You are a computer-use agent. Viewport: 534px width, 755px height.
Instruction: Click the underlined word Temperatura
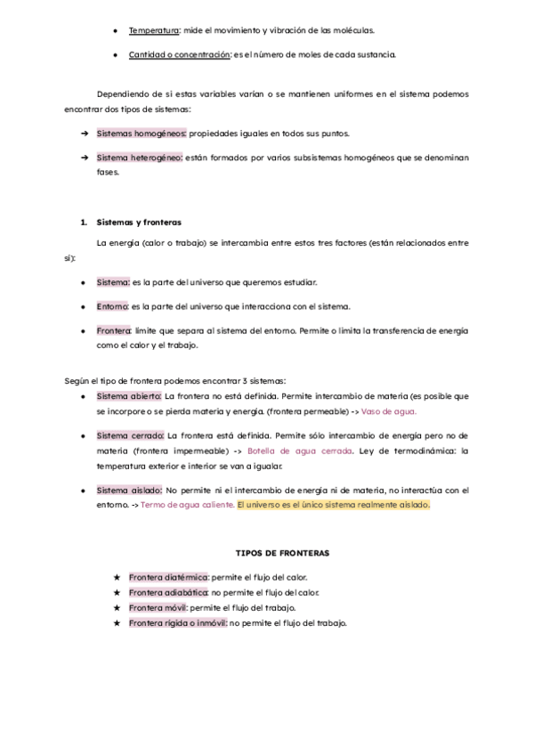tap(154, 30)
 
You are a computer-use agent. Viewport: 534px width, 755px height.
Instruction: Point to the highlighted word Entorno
tap(113, 306)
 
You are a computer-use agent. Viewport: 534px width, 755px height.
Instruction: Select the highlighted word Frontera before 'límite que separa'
tap(114, 330)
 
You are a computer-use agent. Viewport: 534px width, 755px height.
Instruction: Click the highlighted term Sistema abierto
tap(129, 395)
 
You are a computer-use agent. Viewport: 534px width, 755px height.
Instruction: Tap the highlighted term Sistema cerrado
tap(130, 435)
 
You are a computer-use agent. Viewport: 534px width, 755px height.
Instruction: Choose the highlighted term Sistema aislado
tap(129, 490)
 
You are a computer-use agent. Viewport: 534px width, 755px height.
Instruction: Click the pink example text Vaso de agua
tap(390, 411)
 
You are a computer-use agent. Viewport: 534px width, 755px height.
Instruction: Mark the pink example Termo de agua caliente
tap(188, 504)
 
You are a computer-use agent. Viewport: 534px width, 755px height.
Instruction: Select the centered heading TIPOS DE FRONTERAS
tap(282, 553)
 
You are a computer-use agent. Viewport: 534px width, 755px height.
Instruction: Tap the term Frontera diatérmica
tap(168, 577)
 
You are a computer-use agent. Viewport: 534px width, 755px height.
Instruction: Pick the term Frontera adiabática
tap(168, 592)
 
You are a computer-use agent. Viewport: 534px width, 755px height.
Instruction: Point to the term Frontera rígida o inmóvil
tap(178, 622)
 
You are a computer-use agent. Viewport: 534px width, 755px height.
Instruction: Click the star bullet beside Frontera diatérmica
tap(117, 577)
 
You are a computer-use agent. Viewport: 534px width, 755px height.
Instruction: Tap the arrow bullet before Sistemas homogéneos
tap(83, 134)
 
